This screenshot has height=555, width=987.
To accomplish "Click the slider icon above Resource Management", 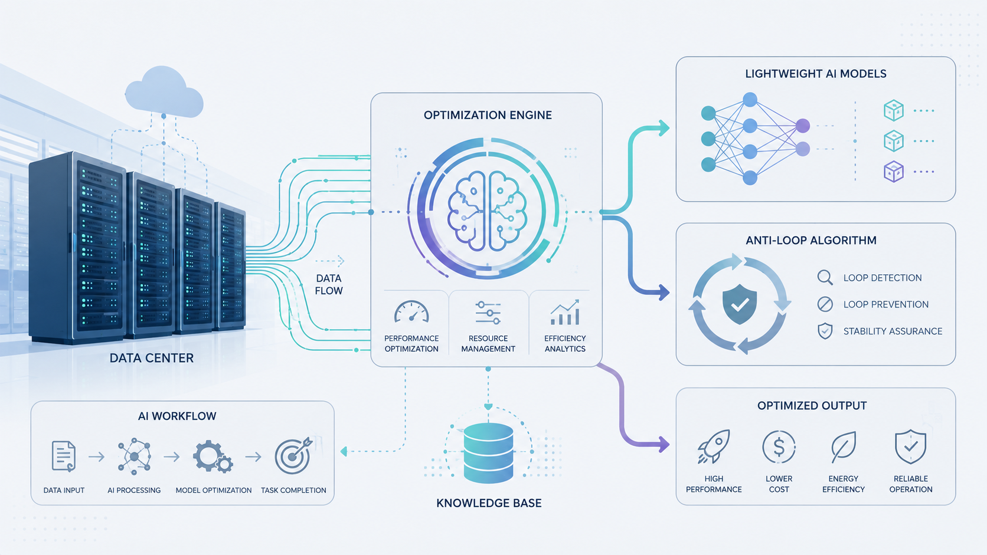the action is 488,313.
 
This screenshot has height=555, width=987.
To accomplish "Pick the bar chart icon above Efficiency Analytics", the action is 564,312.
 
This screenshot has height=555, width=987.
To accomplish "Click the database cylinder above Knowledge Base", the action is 488,453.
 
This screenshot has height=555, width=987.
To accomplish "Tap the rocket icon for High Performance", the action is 713,446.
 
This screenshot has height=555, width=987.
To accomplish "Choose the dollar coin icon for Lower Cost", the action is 779,447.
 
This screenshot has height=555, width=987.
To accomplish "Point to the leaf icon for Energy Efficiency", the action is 844,447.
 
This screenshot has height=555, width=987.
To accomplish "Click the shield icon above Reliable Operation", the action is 910,446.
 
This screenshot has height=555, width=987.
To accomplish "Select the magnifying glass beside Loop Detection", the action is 825,278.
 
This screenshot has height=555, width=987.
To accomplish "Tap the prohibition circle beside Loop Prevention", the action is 825,304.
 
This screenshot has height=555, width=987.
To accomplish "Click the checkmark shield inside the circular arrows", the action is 740,304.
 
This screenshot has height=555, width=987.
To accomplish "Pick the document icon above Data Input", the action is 63,457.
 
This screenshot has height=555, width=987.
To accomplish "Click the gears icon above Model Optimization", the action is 213,457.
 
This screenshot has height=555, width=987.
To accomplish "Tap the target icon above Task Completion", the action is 293,456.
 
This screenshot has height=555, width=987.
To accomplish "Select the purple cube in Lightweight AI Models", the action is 894,171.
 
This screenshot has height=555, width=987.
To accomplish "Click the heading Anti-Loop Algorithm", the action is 810,240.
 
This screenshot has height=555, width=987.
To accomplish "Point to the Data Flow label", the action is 329,284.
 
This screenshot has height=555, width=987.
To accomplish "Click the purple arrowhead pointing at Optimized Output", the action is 664,444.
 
